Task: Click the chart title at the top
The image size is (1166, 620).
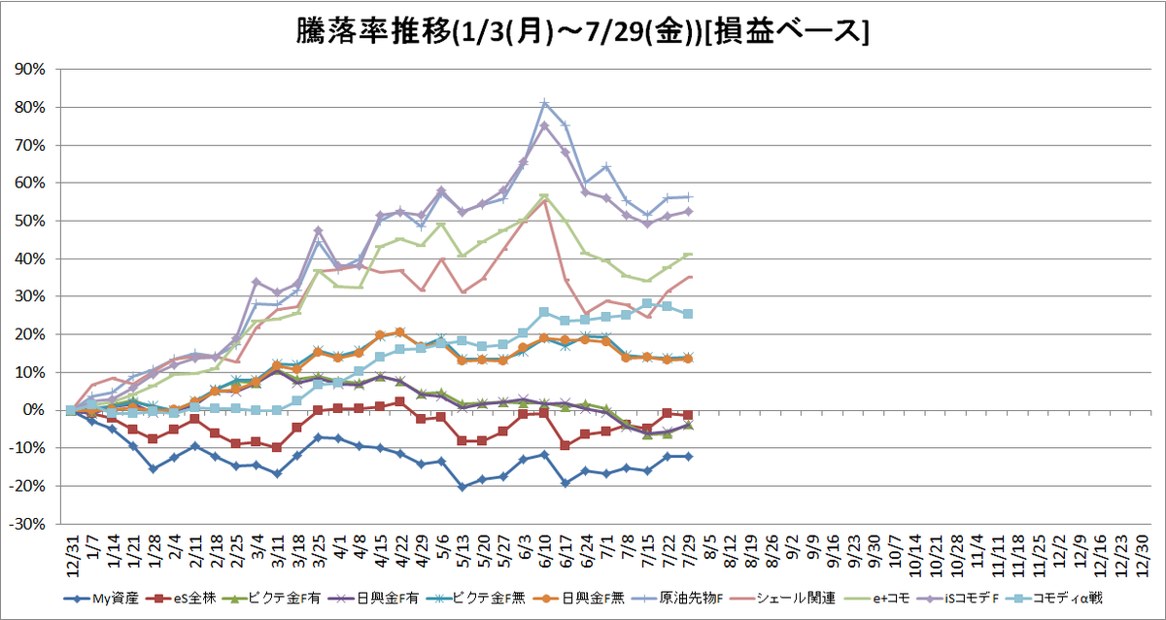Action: coord(582,32)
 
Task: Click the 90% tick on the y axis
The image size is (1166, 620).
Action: coord(30,69)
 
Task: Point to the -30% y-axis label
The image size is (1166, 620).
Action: coord(27,524)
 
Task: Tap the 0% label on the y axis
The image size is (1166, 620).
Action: coord(34,410)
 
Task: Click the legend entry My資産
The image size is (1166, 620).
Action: coord(101,599)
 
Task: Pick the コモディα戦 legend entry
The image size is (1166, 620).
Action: coord(1054,599)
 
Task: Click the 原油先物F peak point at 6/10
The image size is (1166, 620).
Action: coord(544,103)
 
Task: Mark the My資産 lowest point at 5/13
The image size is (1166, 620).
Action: coord(463,487)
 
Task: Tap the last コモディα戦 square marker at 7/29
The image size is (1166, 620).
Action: coord(688,314)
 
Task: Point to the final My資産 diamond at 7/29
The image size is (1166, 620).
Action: coord(688,457)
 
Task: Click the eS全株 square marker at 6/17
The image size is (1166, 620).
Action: coord(566,446)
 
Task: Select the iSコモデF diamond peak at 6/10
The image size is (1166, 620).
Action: coord(544,125)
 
